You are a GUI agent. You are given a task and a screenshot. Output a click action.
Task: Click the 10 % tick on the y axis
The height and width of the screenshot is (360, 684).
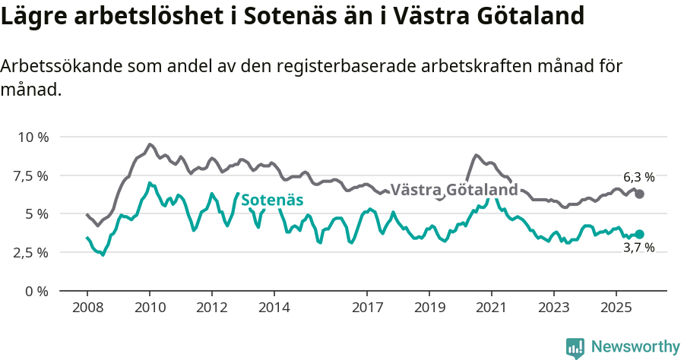(33, 137)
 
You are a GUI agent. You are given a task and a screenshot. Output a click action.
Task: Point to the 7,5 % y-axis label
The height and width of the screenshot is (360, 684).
(31, 175)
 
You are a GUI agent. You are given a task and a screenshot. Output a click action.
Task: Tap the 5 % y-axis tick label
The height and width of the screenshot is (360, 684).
(36, 214)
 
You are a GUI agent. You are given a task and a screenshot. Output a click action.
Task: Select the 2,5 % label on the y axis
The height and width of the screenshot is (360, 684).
(31, 252)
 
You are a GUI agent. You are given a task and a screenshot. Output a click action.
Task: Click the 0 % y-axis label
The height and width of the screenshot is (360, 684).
(36, 291)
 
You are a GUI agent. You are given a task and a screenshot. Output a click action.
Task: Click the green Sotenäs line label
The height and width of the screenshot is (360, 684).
(272, 200)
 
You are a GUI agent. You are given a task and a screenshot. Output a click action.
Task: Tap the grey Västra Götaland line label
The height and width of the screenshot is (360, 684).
(454, 189)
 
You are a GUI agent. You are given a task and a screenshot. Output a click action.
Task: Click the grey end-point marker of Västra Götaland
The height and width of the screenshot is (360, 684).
(640, 194)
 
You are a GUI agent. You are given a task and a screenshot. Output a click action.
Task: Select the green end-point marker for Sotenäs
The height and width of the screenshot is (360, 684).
(640, 234)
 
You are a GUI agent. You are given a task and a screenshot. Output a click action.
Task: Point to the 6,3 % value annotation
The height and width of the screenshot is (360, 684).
(639, 177)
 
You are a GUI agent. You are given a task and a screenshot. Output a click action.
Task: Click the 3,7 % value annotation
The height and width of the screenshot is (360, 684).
(639, 248)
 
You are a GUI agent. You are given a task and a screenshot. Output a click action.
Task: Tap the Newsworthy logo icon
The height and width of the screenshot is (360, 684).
(575, 348)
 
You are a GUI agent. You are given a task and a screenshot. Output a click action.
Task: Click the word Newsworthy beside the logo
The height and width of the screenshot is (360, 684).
(635, 347)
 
